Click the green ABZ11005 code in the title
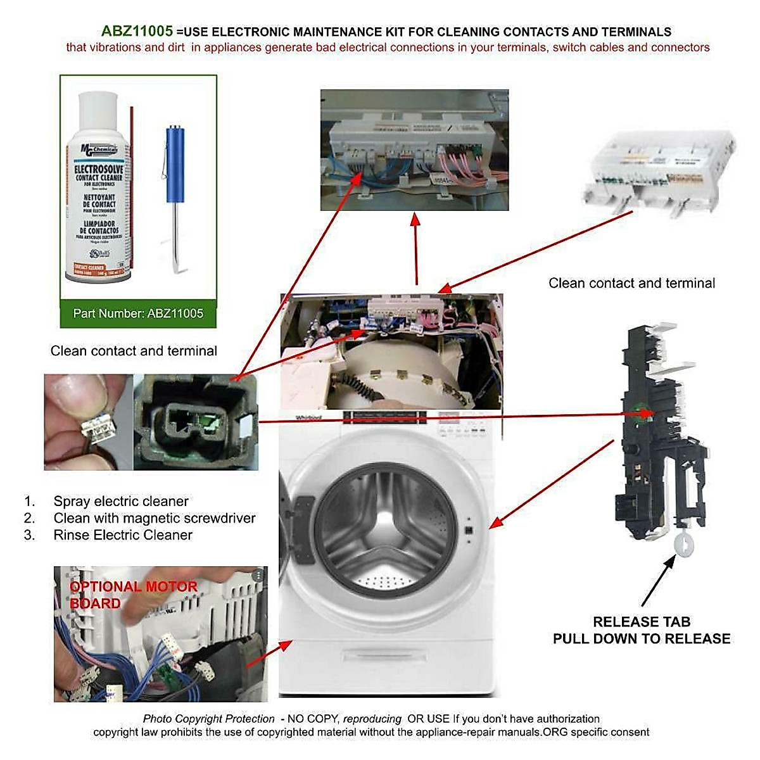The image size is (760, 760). point(137,32)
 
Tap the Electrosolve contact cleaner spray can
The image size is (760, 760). point(98,190)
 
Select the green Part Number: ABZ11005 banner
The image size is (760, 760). point(138,313)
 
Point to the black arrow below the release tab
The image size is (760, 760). point(659,580)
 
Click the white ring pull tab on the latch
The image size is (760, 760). point(685,543)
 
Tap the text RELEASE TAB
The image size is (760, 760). point(641,622)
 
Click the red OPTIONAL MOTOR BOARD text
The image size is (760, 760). point(133,595)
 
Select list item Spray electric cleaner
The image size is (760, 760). point(120,502)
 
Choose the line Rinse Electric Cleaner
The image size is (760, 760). point(122,535)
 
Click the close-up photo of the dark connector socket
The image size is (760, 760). point(196,422)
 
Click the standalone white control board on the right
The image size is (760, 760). point(659,168)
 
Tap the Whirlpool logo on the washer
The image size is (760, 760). point(308,418)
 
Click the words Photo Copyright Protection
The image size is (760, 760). point(208,719)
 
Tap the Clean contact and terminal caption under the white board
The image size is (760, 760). point(631,283)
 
